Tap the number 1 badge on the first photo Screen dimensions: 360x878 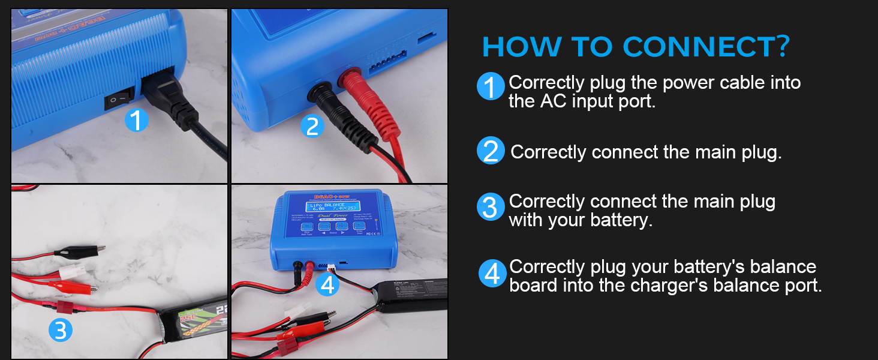(137, 121)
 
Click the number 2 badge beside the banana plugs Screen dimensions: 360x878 (312, 126)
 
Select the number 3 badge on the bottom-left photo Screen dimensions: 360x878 (61, 329)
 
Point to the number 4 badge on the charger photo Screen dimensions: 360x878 (327, 284)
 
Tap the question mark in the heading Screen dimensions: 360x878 (782, 47)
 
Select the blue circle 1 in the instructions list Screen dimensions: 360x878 (491, 88)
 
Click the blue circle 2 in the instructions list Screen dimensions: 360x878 (491, 151)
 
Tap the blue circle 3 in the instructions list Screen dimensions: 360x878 (491, 208)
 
